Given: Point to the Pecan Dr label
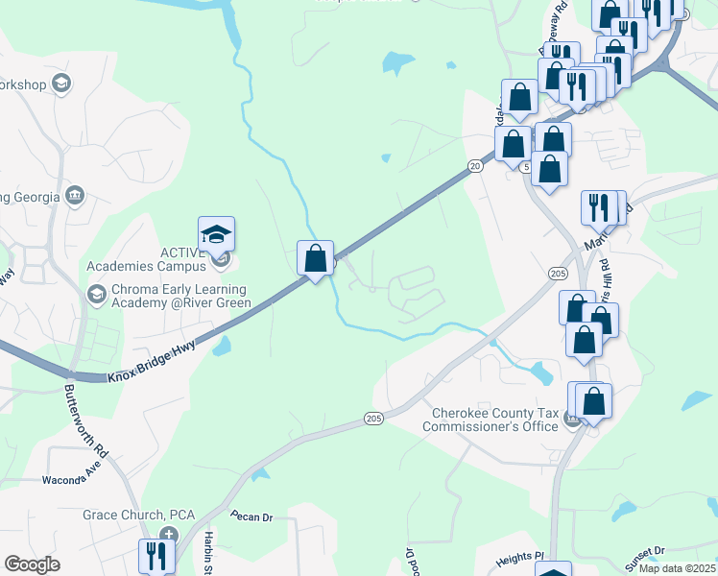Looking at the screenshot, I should tap(251, 516).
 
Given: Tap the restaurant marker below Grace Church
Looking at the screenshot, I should tap(156, 556).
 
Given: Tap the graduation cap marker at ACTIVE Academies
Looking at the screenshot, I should tap(217, 234).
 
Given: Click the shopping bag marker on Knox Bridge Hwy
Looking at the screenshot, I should tap(316, 257).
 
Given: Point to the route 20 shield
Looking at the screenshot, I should tap(475, 166).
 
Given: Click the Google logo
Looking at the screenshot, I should tap(32, 564).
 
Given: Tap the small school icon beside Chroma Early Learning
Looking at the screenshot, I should tap(96, 292).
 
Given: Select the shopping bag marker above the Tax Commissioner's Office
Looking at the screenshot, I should tap(593, 401).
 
